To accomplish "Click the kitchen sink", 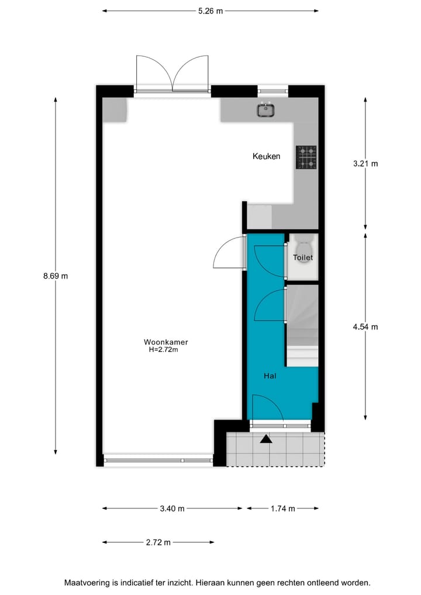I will coord(266,109).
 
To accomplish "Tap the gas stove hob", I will coord(306,157).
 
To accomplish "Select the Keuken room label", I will coord(266,156).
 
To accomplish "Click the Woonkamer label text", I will coord(166,342).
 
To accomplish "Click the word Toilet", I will coord(303,257).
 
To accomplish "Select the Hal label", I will coord(270,376).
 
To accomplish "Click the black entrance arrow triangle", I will coord(266,439).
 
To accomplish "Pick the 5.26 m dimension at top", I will coord(210,11).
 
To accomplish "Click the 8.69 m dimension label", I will coord(56,276).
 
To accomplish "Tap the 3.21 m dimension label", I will coord(365,164).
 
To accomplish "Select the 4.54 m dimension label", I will coord(365,326).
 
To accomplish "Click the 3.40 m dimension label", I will coord(172,508).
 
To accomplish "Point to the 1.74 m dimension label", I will coord(282,508).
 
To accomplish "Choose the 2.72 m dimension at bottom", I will coord(158,542).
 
